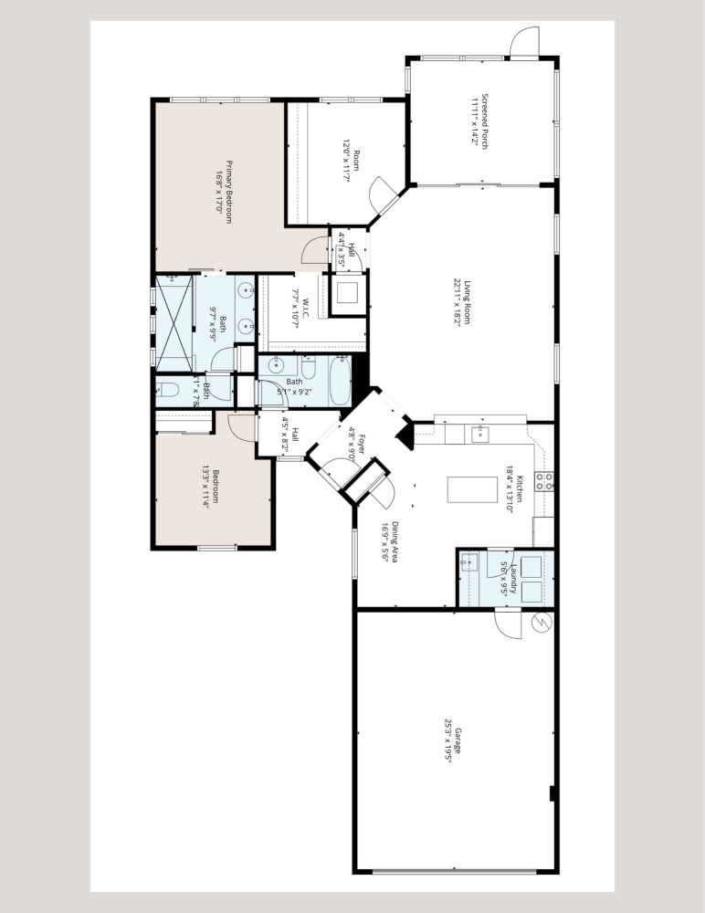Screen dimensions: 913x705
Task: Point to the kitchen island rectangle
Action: [458, 490]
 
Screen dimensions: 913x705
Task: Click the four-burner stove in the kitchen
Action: [545, 480]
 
